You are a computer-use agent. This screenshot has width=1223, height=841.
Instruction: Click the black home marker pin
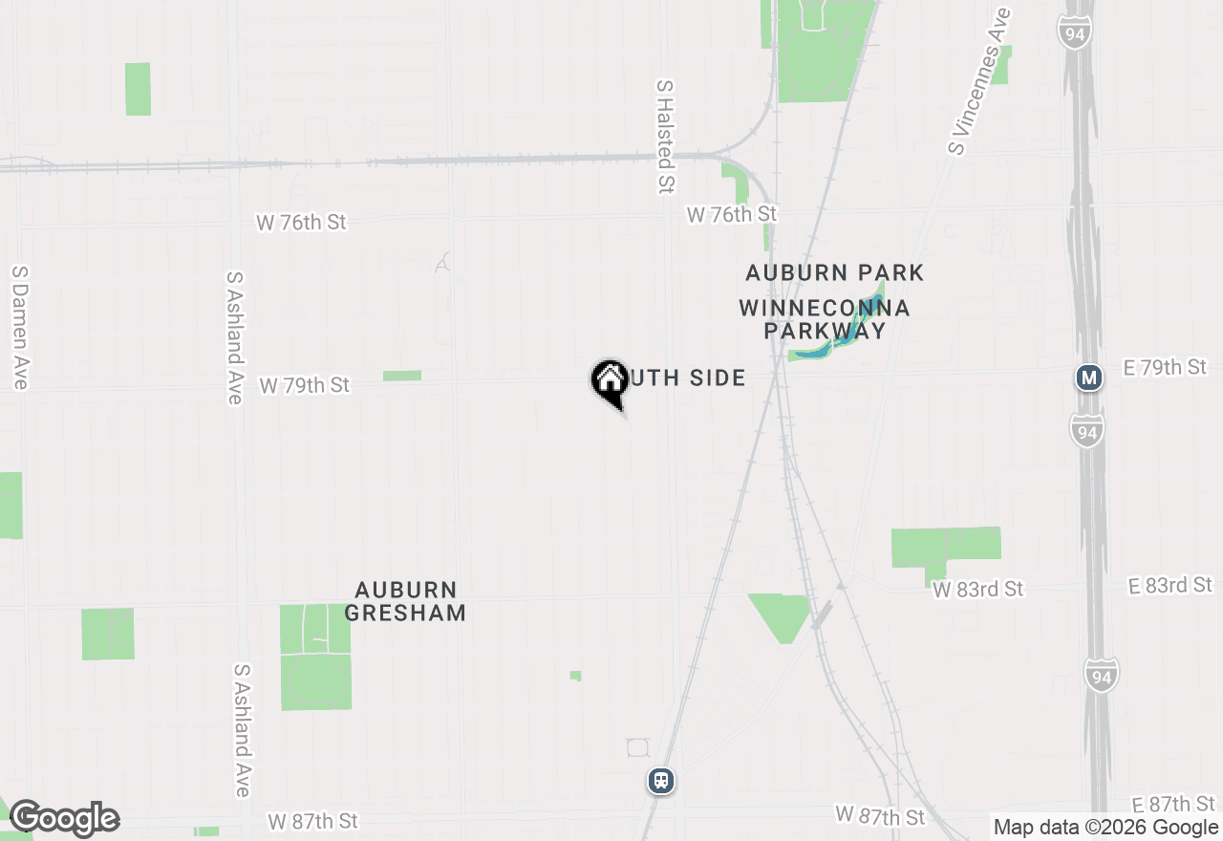pos(610,381)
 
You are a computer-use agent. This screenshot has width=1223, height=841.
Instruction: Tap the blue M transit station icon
pos(1088,377)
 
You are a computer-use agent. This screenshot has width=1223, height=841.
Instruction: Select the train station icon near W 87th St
pos(660,781)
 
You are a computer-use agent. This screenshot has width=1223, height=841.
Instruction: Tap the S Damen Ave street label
pos(20,327)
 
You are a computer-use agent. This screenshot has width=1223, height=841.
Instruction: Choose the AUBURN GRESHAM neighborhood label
pos(405,601)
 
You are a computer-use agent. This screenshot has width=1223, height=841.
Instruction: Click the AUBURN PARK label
pos(834,273)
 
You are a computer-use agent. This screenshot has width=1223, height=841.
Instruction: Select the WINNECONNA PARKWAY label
pos(824,319)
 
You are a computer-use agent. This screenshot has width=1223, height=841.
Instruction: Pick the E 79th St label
pos(1166,367)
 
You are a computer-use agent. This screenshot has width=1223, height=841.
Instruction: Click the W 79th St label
pos(305,385)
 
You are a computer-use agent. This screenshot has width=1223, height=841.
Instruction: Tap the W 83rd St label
pos(977,590)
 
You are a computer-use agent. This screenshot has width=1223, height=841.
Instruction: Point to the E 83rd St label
pos(1170,585)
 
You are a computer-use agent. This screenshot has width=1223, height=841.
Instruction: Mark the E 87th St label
pos(1172,804)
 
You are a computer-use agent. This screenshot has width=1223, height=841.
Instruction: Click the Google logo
pos(64,818)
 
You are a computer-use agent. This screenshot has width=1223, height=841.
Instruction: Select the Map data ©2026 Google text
pos(1105,828)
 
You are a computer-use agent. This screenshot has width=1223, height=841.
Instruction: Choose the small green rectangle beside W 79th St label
pos(402,376)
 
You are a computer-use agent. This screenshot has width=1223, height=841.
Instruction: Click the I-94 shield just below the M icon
pos(1086,429)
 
